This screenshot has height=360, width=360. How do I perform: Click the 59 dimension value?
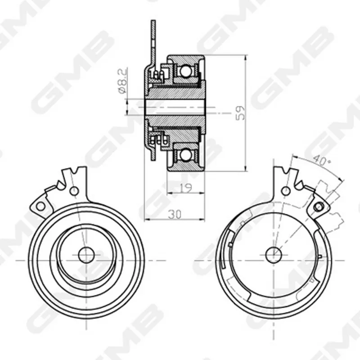click(241, 113)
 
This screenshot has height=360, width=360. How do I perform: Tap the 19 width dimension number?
click(185, 188)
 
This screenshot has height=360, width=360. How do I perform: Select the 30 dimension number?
click(175, 215)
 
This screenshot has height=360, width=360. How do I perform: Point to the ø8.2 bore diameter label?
click(122, 81)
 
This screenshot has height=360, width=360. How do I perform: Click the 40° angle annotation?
click(322, 160)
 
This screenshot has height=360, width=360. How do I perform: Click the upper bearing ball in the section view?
click(185, 71)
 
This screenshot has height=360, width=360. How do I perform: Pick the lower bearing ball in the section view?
click(185, 155)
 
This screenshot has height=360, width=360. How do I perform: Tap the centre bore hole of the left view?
click(86, 255)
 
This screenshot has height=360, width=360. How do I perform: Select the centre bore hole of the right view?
click(274, 255)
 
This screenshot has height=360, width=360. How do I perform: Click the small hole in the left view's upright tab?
click(74, 191)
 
